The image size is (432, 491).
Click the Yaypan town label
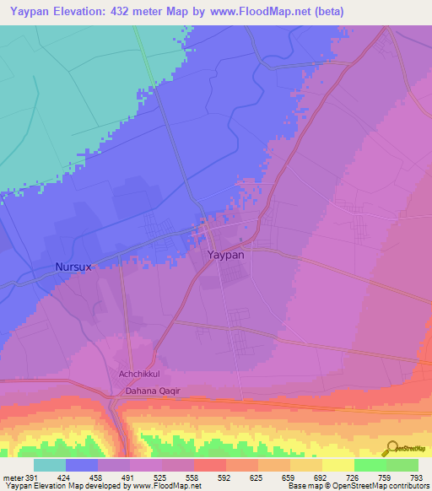pos(225,254)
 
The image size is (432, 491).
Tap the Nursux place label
pos(73,267)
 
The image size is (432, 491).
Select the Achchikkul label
pos(139,374)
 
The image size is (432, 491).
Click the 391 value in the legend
pos(32,477)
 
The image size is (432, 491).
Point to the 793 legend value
pos(415,477)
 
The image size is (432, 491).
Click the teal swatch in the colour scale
pos(50,465)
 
